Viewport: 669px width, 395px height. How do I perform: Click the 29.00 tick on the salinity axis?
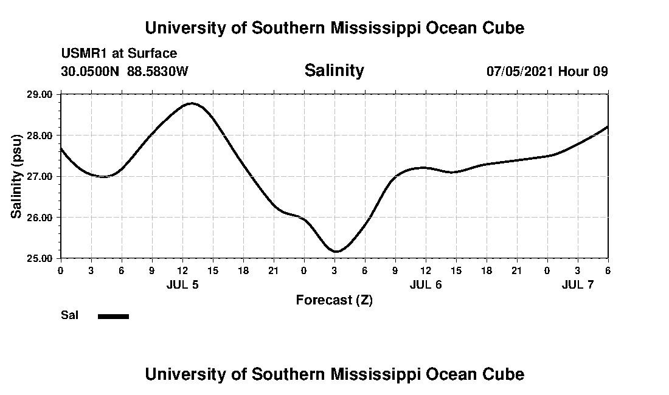[x=41, y=94]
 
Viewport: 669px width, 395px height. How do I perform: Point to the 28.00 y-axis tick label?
[x=41, y=135]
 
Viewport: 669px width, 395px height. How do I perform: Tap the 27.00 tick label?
[x=41, y=176]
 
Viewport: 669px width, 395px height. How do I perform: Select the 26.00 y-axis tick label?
[x=41, y=217]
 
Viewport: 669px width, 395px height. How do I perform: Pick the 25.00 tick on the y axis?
[x=41, y=258]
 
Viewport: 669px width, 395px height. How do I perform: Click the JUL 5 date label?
[x=182, y=284]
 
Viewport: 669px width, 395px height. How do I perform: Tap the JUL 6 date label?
[x=426, y=284]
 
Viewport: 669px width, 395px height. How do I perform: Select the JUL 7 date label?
[x=578, y=284]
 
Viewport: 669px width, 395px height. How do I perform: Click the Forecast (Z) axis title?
[x=334, y=300]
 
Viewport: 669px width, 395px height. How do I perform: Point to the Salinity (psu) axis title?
[x=16, y=176]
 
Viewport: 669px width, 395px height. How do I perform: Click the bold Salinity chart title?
[x=334, y=70]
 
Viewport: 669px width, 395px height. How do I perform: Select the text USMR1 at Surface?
[x=119, y=53]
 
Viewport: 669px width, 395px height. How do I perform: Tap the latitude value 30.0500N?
[x=91, y=71]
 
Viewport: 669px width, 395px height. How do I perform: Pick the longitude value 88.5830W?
[x=158, y=71]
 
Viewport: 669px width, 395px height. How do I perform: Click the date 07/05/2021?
[x=520, y=71]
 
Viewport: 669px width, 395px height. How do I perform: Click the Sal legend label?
[x=70, y=315]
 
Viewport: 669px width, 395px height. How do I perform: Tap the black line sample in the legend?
[x=114, y=316]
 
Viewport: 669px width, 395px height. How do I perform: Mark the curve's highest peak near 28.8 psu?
[x=192, y=103]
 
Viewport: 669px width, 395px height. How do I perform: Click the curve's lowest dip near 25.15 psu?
[x=336, y=251]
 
